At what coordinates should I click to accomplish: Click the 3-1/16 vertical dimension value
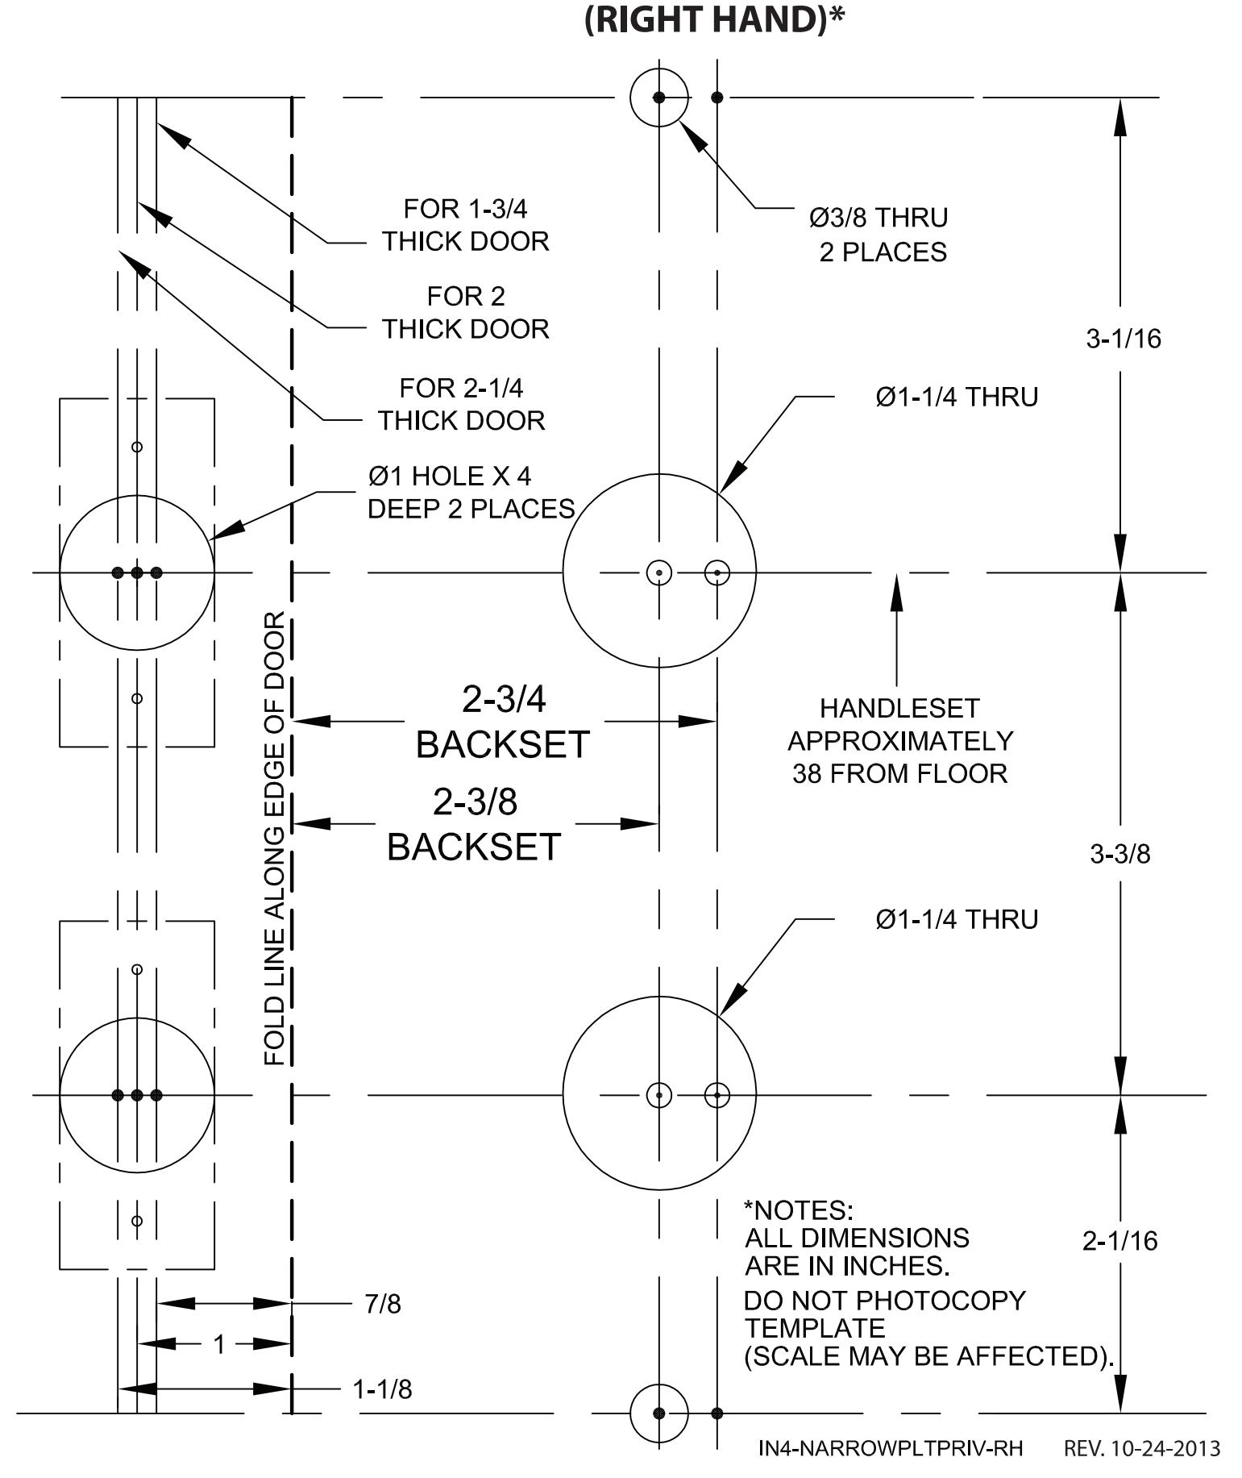point(1124,339)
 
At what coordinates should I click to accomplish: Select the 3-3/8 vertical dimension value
point(1120,854)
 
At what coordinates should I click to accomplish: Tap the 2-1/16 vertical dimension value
point(1119,1241)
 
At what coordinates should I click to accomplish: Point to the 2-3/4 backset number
point(504,699)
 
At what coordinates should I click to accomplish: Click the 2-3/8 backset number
point(475,801)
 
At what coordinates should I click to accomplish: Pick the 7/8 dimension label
point(383,1304)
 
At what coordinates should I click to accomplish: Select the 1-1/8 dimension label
point(382,1389)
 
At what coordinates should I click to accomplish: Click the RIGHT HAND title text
point(714,19)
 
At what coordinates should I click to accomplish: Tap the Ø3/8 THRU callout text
point(879,218)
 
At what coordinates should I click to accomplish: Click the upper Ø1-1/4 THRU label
point(957,397)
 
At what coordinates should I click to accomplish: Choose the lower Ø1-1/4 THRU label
point(957,919)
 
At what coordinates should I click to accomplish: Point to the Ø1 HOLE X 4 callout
point(450,477)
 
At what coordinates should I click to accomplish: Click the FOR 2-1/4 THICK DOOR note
point(462,404)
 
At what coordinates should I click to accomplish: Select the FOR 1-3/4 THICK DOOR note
point(466,225)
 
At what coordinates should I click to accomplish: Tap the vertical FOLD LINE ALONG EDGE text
point(275,839)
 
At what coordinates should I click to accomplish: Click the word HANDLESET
point(899,708)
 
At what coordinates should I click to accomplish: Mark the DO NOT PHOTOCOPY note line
point(884,1301)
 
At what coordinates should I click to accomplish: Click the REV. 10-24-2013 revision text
point(1142,1449)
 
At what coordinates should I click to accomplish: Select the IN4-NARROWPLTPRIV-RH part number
point(891,1449)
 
